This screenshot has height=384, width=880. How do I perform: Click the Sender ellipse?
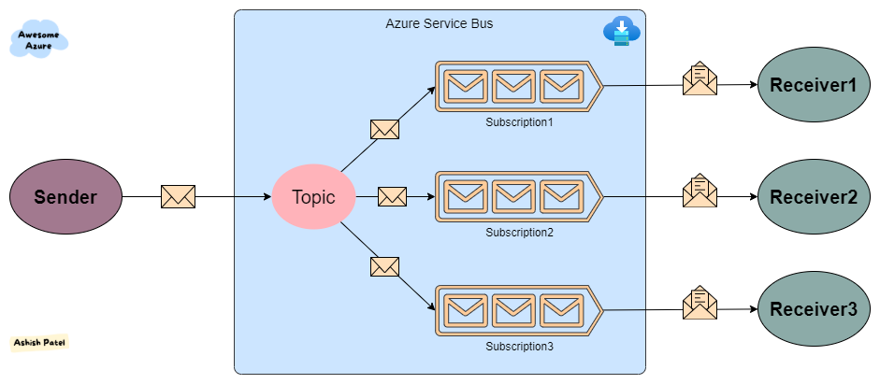pos(65,197)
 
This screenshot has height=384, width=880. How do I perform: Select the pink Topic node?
pos(314,197)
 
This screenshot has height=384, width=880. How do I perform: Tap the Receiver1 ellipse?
pos(813,85)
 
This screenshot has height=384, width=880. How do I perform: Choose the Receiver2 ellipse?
pos(813,197)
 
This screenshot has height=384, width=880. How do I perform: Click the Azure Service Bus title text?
pos(440,22)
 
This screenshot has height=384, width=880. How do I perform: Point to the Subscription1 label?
pos(519,122)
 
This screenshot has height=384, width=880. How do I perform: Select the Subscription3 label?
pos(519,347)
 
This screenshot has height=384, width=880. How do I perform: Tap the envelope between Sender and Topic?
pos(178,197)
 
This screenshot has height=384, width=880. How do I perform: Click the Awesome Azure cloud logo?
pos(40,39)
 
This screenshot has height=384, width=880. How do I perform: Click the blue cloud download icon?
pos(621,31)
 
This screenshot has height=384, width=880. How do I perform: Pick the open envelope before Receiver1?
pos(700,80)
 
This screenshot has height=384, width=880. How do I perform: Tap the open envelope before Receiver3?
pos(700,304)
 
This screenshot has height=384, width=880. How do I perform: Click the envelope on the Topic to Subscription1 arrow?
pos(384,129)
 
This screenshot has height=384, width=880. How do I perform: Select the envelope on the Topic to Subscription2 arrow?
pos(393,197)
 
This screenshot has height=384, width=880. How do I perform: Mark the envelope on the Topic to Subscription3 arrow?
pos(384,266)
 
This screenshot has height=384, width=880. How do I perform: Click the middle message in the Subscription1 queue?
pos(513,86)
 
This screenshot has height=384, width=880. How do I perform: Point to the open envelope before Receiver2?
pos(700,192)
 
